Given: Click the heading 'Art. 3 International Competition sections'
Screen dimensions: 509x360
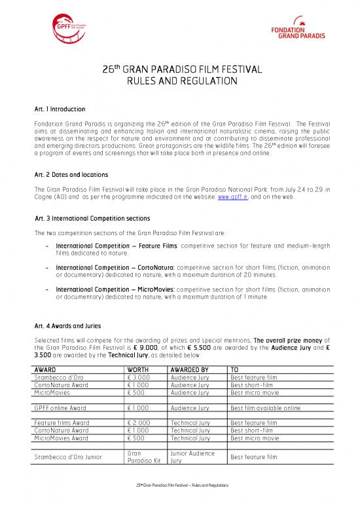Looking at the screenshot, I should click(x=93, y=217).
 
